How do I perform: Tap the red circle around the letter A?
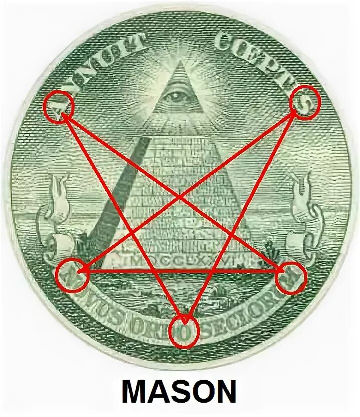pyautogui.click(x=58, y=106)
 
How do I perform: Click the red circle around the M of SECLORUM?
pyautogui.click(x=291, y=277)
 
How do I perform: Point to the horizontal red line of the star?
pyautogui.click(x=181, y=271)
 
